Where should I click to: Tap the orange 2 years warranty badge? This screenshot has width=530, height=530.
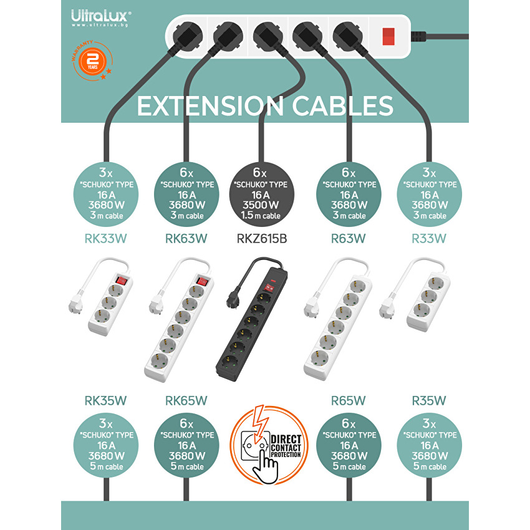click(92, 61)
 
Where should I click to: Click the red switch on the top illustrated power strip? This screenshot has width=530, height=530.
click(388, 37)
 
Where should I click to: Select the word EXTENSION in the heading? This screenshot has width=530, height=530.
click(210, 106)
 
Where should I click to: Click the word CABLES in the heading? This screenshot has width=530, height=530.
click(342, 106)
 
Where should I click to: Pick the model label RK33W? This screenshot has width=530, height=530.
click(105, 239)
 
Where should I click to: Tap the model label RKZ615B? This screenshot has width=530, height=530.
click(262, 239)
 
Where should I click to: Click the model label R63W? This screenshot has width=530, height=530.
click(348, 239)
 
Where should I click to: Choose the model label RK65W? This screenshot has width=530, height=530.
click(186, 400)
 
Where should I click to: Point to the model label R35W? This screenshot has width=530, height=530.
click(428, 400)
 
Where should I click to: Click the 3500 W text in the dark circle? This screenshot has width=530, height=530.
click(261, 205)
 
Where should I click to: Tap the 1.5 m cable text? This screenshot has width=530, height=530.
click(261, 215)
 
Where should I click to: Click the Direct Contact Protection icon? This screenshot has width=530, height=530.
click(269, 445)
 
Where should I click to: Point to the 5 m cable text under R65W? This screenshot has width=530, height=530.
click(349, 466)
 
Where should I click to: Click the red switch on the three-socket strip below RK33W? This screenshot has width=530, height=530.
click(122, 281)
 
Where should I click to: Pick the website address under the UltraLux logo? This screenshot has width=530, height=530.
click(100, 25)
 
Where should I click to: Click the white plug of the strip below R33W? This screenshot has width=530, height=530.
click(387, 309)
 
